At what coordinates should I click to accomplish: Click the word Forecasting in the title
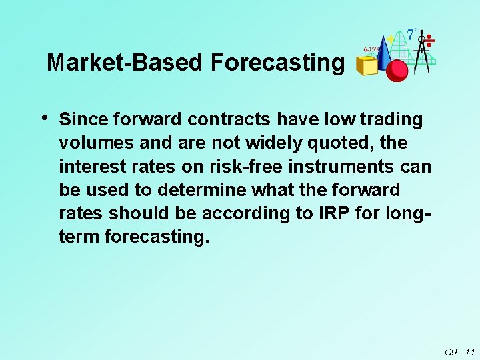tap(278, 63)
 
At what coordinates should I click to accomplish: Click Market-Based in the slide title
tap(125, 63)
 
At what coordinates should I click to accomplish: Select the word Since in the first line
tap(83, 120)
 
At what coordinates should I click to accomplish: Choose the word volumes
tap(93, 143)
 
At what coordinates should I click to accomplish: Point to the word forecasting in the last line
tap(157, 237)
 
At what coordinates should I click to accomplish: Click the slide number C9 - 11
tap(459, 351)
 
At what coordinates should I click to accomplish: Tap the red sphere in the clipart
tap(397, 69)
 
